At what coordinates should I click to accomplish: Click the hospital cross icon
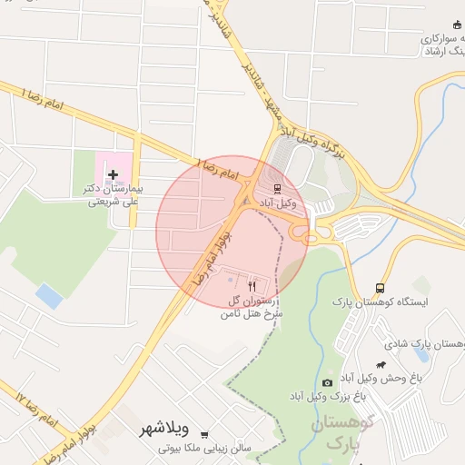113,173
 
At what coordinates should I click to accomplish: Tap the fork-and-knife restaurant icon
252,284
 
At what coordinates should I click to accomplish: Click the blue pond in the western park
49,295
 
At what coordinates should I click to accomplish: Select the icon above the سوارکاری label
457,25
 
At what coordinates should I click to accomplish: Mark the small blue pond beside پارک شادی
420,352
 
